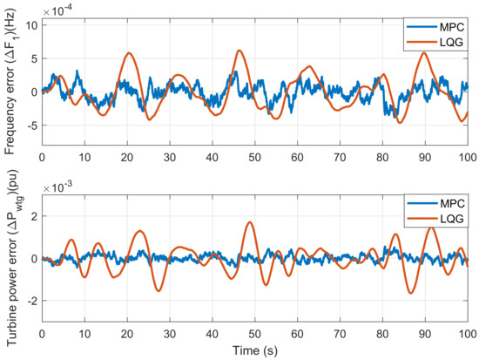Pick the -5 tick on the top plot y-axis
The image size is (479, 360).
pyautogui.click(x=29, y=126)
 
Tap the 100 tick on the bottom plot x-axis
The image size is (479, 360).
pyautogui.click(x=468, y=333)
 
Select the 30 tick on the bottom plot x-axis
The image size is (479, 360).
pyautogui.click(x=169, y=333)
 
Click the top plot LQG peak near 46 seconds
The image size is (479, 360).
pyautogui.click(x=239, y=51)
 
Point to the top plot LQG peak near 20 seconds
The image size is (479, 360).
pyautogui.click(x=129, y=53)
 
